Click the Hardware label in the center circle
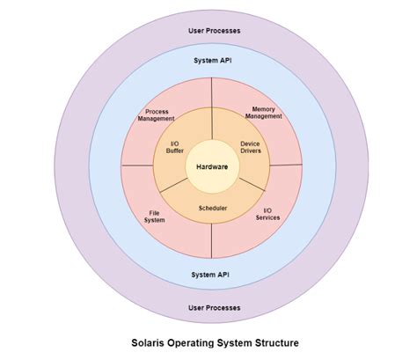tap(213, 166)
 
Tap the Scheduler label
tap(213, 208)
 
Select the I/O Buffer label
tap(175, 148)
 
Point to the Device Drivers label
tap(252, 148)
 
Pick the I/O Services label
tap(268, 214)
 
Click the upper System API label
tap(212, 61)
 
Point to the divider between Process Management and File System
tap(135, 165)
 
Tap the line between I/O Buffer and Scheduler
tap(173, 188)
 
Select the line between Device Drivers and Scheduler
tap(253, 187)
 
